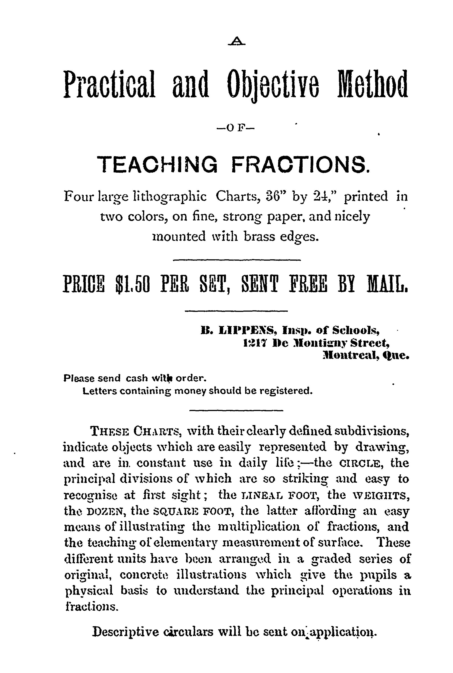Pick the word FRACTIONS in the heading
tap(300, 164)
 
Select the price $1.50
tap(132, 284)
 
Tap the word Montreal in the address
tap(350, 356)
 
